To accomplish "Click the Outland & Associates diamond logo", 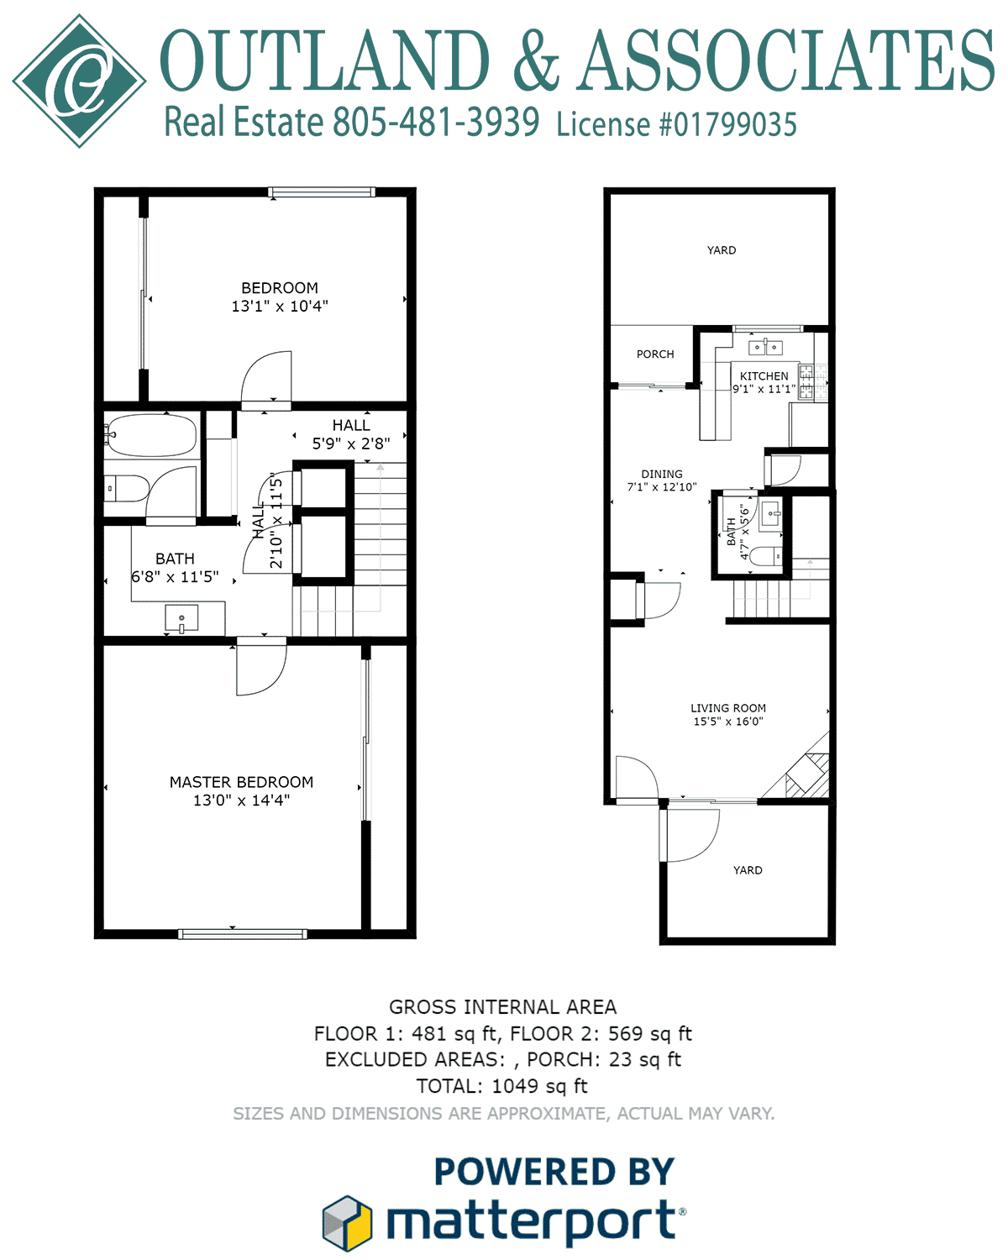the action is click(x=80, y=81).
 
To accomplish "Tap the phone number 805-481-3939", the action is click(x=436, y=122).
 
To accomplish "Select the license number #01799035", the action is click(x=728, y=124).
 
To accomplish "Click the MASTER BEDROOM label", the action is click(x=241, y=782).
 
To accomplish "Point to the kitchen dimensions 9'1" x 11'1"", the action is click(x=764, y=389).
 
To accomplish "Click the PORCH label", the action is click(x=655, y=354).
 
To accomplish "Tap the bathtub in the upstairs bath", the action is click(x=152, y=435).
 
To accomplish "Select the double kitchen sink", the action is click(x=765, y=347).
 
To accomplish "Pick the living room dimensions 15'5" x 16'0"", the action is click(x=728, y=722).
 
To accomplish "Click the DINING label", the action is click(x=662, y=474).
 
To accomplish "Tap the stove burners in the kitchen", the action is click(x=813, y=381).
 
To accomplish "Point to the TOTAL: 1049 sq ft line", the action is click(x=502, y=1086).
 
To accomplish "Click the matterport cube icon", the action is click(x=347, y=1222).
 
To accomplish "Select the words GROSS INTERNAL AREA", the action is click(x=502, y=1007).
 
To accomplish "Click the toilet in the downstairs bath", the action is click(x=765, y=556).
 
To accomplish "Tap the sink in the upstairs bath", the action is click(x=181, y=619).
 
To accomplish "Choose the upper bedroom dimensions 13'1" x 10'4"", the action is click(x=280, y=306).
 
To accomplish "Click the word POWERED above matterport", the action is click(x=525, y=1172).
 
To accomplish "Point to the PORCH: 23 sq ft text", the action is click(x=604, y=1060).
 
